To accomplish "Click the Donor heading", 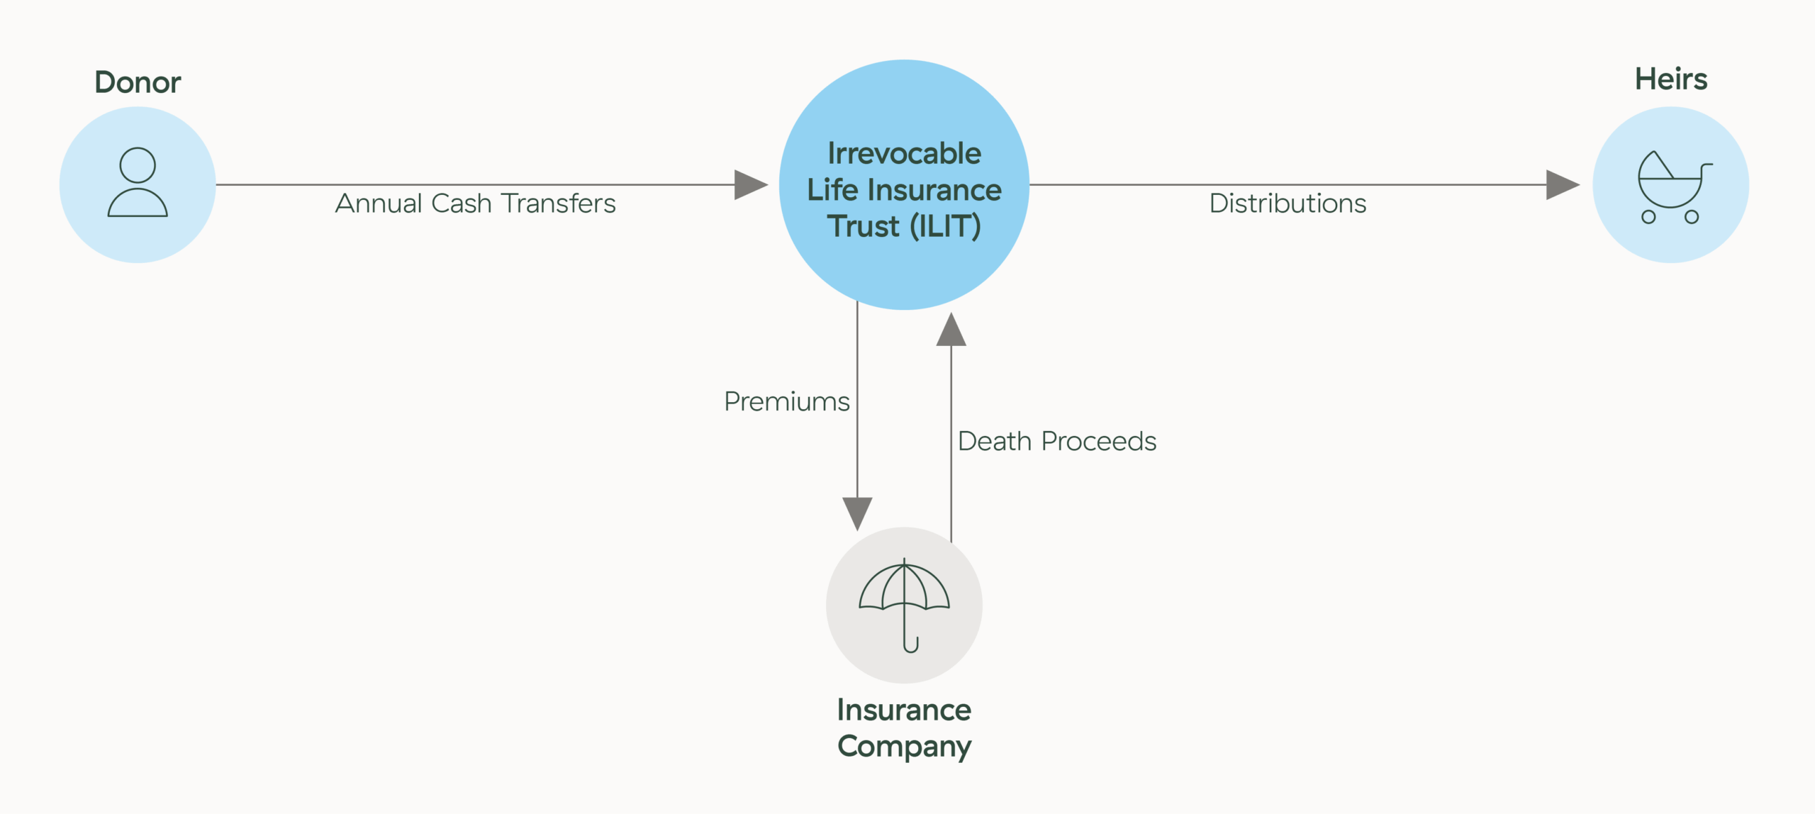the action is tap(138, 82).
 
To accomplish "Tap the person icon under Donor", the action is tap(138, 182).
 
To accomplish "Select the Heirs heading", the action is tap(1671, 79).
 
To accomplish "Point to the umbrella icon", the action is tap(904, 605).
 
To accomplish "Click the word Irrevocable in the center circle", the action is tap(904, 153).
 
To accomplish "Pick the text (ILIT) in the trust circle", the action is tap(945, 226).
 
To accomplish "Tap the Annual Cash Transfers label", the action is tap(475, 203).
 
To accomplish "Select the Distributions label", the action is tap(1288, 203).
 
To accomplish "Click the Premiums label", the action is tap(786, 402).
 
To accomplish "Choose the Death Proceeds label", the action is tap(1057, 441).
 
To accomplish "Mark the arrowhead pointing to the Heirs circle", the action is tap(1563, 185).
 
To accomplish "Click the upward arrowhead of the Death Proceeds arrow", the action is tap(951, 329).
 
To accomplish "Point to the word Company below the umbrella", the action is tap(904, 747).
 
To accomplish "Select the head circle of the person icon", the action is tap(138, 165).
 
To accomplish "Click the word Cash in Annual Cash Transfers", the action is tap(462, 203).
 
